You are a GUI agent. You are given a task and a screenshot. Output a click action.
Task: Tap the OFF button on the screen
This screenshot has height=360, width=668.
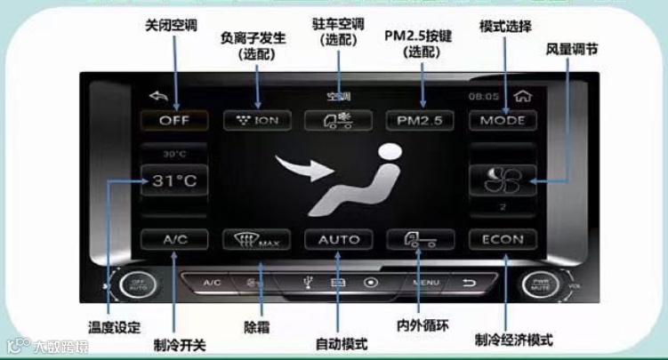[x=173, y=120]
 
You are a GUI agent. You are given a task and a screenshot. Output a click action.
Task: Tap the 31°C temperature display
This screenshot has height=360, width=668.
[x=173, y=180]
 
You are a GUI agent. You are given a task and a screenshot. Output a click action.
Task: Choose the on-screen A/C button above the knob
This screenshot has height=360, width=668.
[x=173, y=239]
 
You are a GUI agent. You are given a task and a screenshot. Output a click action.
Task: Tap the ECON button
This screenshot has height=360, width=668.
[x=503, y=239]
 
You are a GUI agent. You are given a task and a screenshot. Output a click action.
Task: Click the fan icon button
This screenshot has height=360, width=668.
[x=503, y=180]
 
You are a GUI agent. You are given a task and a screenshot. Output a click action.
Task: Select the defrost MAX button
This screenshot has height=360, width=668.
[x=255, y=239]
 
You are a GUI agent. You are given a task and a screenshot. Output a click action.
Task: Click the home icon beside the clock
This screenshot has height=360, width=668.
[x=522, y=95]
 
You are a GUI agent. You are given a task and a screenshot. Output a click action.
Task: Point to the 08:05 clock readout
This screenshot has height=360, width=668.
[x=485, y=95]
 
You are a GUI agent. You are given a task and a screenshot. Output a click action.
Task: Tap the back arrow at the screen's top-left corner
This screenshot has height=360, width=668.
[x=158, y=95]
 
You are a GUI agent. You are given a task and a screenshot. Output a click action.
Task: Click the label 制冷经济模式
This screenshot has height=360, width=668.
[x=514, y=340]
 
